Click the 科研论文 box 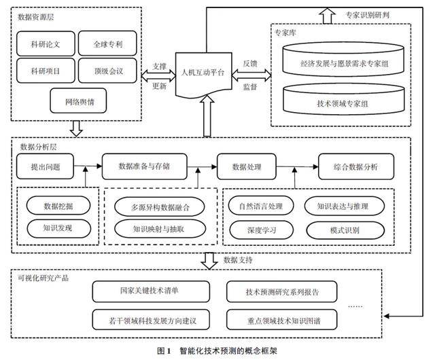coord(46,43)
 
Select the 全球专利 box coord(107,43)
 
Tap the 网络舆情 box coord(78,101)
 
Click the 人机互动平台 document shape coord(204,73)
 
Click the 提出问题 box coord(46,166)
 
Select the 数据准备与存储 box coord(145,166)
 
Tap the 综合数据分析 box coord(356,166)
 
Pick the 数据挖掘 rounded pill coord(58,206)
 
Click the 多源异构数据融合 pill coord(160,206)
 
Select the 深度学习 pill coord(261,230)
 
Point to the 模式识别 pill coord(345,230)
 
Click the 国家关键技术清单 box coord(151,291)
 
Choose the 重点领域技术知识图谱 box coord(282,320)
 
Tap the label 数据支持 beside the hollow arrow coord(238,260)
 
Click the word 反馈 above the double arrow coord(250,64)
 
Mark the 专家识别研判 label coord(367,15)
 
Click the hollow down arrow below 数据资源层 coord(76,128)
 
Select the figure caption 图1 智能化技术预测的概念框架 coord(217,351)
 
